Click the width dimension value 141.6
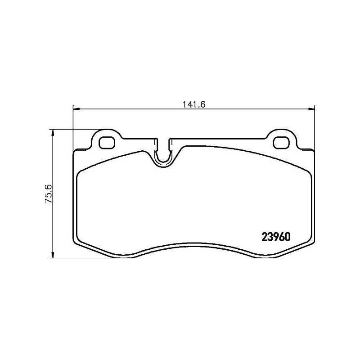[x=194, y=104]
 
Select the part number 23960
[x=275, y=237]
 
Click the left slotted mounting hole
[x=107, y=142]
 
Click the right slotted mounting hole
[x=283, y=142]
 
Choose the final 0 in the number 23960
[x=286, y=237]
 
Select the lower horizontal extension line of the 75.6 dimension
[x=90, y=258]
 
